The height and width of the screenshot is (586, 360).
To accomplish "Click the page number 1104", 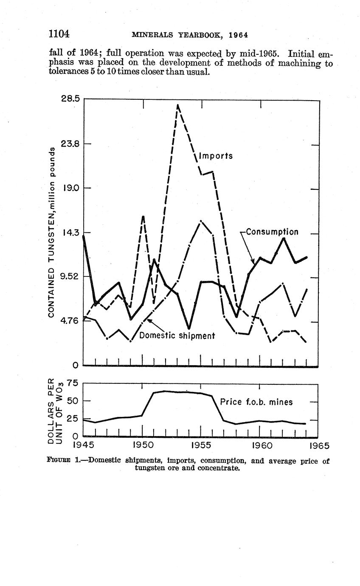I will click(x=59, y=34).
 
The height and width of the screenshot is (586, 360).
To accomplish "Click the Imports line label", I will click(x=216, y=156).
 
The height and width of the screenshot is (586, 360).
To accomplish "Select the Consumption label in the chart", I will click(x=272, y=232).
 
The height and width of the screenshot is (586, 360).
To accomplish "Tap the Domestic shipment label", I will click(x=177, y=335).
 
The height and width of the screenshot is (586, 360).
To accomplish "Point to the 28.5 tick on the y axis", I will click(x=70, y=99).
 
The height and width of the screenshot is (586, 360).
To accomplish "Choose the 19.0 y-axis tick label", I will click(x=70, y=188).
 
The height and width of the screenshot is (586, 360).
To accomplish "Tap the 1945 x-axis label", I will click(x=83, y=445).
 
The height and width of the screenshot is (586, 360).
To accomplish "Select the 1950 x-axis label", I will click(x=143, y=445).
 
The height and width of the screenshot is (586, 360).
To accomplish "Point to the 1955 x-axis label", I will click(x=201, y=445).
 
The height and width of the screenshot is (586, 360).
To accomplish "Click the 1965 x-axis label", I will click(x=318, y=445).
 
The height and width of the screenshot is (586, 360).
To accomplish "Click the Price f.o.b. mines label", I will click(x=256, y=402).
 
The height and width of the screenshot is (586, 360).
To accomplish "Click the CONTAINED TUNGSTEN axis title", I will click(x=51, y=231).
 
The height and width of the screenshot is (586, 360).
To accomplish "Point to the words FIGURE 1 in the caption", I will click(x=62, y=461).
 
